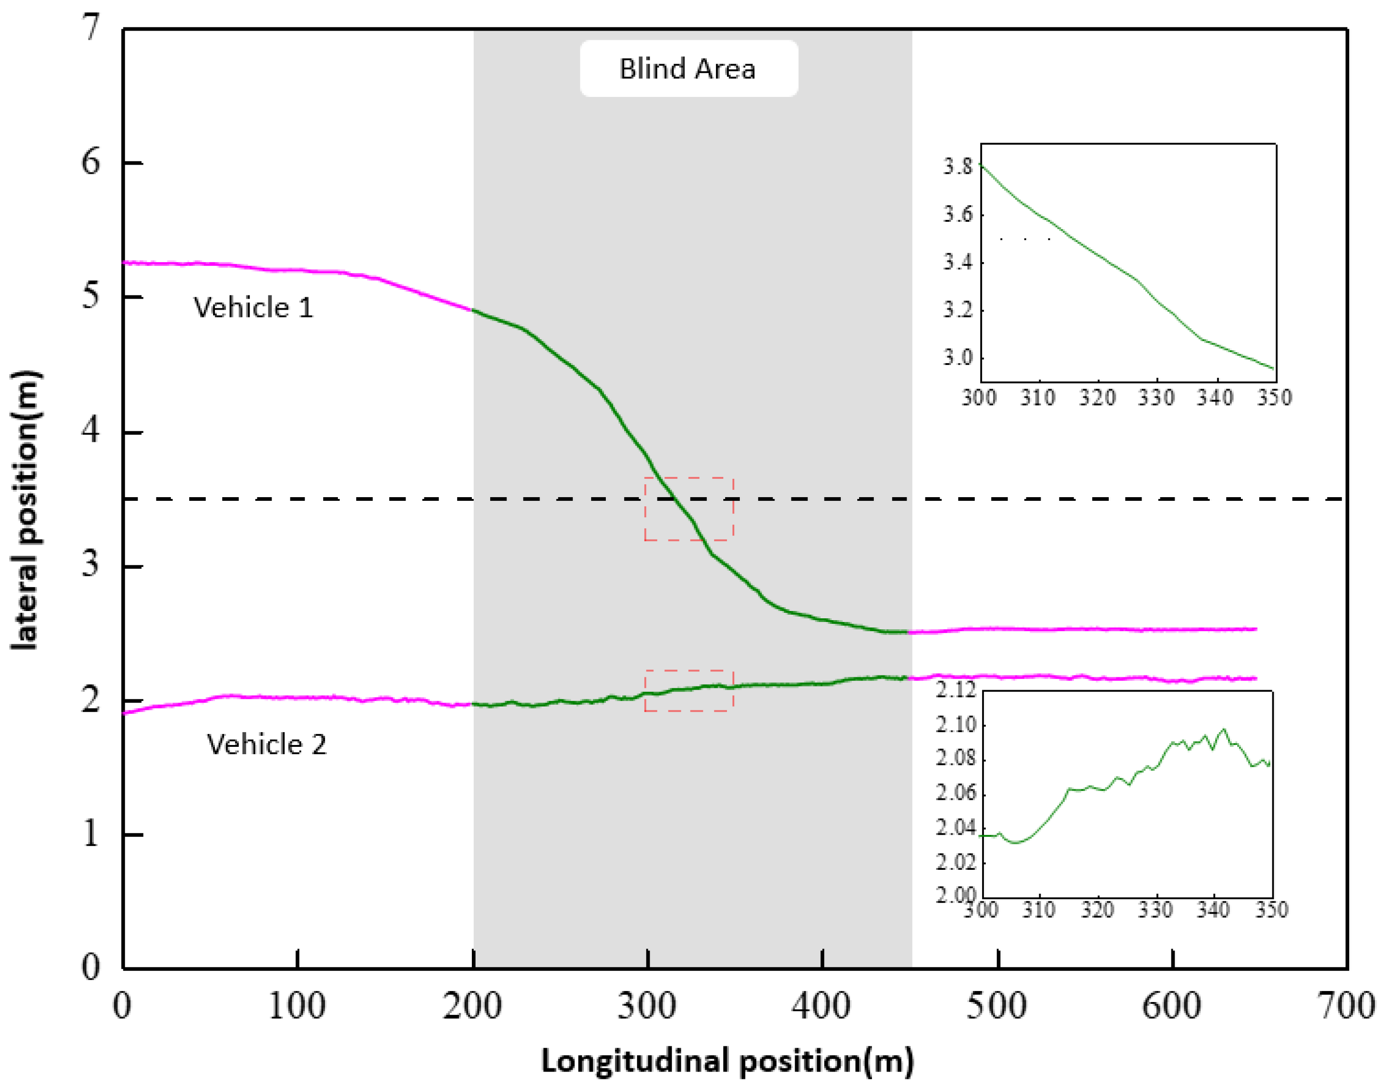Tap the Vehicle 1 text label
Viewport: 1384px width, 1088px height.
pyautogui.click(x=253, y=308)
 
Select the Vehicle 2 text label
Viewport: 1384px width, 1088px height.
pyautogui.click(x=266, y=744)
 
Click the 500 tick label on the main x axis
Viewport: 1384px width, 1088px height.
pyautogui.click(x=997, y=1007)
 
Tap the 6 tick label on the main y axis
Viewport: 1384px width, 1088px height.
pyautogui.click(x=91, y=162)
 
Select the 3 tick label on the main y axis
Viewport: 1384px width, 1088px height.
pyautogui.click(x=91, y=564)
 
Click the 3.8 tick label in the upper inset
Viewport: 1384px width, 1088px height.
pyautogui.click(x=958, y=167)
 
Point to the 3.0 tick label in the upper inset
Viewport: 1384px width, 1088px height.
pyautogui.click(x=958, y=358)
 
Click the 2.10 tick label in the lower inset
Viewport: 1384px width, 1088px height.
pyautogui.click(x=956, y=724)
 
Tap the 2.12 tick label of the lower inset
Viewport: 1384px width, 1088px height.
pyautogui.click(x=956, y=690)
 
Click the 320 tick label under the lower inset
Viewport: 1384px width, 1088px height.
pyautogui.click(x=1097, y=910)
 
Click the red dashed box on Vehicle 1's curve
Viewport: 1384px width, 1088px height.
pyautogui.click(x=689, y=509)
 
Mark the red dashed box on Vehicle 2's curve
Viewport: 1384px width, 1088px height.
pyautogui.click(x=689, y=691)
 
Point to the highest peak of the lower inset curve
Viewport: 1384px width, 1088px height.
pyautogui.click(x=1224, y=729)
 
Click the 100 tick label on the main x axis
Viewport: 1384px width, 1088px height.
pyautogui.click(x=297, y=1007)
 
